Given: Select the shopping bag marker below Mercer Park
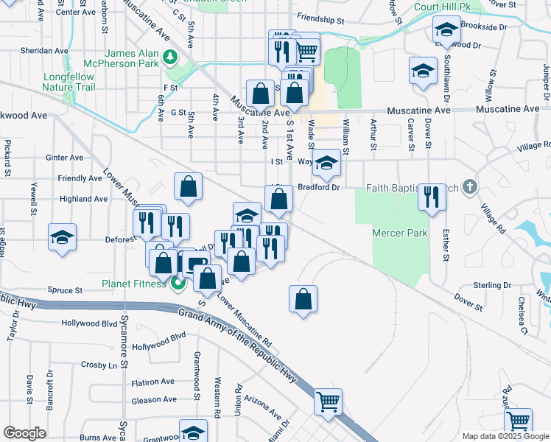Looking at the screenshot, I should [303, 299].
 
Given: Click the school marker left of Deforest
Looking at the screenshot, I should [63, 237].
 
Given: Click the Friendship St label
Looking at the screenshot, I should [321, 16].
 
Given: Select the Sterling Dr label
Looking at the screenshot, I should [492, 285].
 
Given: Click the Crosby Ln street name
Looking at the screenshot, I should [99, 365].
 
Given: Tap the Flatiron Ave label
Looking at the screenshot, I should [152, 382].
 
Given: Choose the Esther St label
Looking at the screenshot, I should [445, 246].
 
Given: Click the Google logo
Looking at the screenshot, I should [24, 432].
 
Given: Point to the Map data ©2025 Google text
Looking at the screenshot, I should [505, 436].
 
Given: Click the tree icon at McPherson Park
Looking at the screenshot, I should [169, 56].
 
